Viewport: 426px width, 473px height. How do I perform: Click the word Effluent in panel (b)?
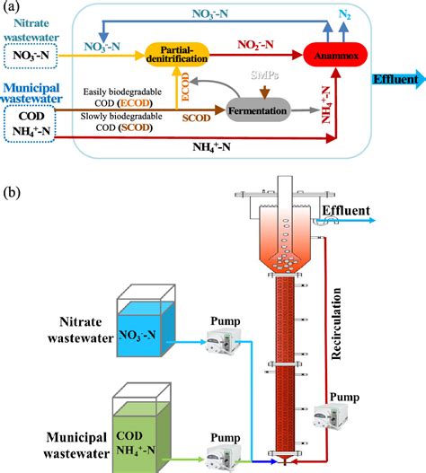[x=345, y=212]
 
